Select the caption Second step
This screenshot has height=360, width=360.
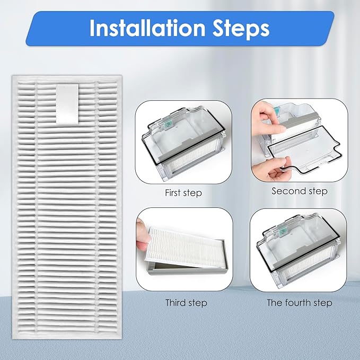[300, 191]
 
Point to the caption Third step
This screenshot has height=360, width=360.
[186, 303]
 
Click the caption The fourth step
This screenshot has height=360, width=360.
[300, 303]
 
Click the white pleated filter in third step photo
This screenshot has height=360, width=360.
[183, 247]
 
